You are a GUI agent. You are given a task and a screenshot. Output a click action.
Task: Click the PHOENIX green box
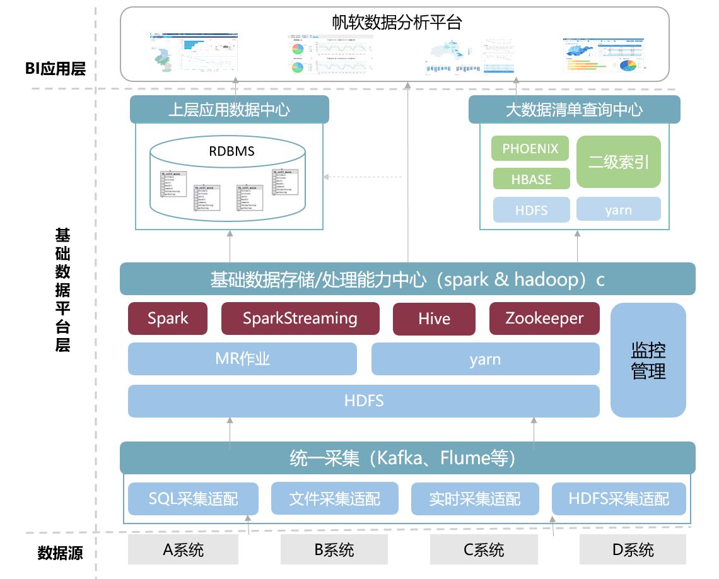tap(530, 149)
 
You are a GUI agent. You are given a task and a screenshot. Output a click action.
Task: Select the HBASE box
tap(530, 179)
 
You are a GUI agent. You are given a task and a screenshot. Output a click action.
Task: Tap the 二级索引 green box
tap(618, 162)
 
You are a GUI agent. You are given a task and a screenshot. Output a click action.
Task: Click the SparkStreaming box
tap(300, 319)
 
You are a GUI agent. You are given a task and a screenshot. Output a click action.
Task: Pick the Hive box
tap(434, 319)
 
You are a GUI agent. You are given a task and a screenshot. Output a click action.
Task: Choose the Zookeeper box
tap(544, 319)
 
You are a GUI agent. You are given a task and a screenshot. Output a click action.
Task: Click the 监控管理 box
tap(648, 360)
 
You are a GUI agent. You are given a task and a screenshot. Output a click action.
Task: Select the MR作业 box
tap(242, 360)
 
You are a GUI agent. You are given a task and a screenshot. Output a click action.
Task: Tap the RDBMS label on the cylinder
tap(231, 151)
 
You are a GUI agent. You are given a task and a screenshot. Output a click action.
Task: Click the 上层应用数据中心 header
tap(230, 110)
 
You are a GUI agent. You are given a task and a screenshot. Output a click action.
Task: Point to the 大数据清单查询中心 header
tap(574, 110)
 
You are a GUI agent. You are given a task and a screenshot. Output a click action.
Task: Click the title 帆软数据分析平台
tap(397, 23)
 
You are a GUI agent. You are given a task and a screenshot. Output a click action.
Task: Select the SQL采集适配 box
tap(193, 499)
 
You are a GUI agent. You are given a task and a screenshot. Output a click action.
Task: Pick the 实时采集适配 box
tap(474, 499)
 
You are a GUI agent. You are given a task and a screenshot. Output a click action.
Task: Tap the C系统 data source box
tap(483, 549)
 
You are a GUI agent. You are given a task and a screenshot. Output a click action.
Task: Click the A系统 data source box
tap(183, 549)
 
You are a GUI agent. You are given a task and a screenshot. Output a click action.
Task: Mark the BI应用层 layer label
tap(56, 69)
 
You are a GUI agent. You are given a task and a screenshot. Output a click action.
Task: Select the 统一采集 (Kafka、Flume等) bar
tap(407, 458)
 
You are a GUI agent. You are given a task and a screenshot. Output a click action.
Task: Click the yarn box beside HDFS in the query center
tap(618, 210)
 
